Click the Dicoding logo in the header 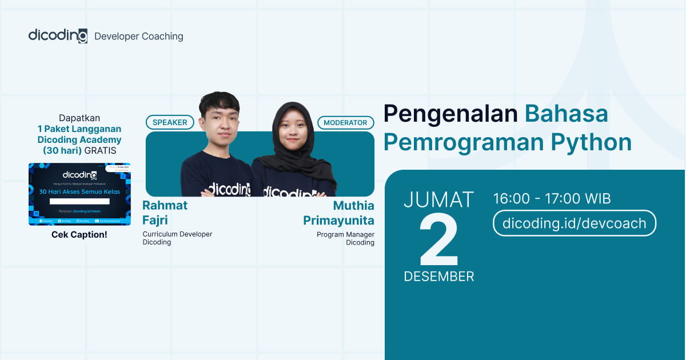(58, 35)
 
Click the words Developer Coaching (139, 36)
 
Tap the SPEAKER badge (170, 122)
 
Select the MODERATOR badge (345, 122)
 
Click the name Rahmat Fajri (165, 212)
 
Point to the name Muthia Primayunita (339, 213)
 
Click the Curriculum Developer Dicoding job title (177, 238)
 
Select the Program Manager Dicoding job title (345, 238)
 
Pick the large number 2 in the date (439, 241)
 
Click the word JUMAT (439, 200)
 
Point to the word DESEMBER (439, 277)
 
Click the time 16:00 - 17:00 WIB (552, 199)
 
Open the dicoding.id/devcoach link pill (574, 223)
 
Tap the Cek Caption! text (79, 234)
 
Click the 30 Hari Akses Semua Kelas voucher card (79, 194)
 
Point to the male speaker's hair (219, 103)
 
